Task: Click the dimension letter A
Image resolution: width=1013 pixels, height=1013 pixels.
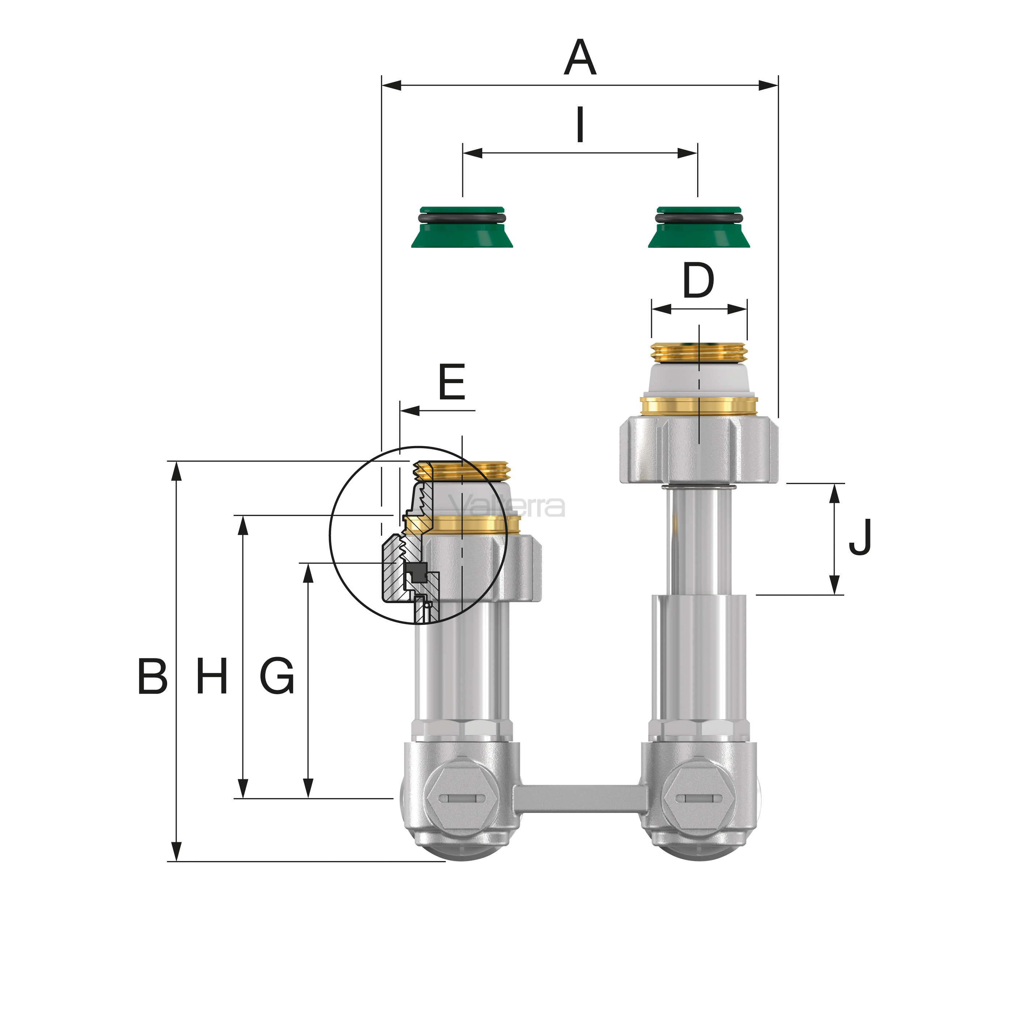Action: coord(580,57)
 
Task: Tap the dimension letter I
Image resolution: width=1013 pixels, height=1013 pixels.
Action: coord(580,124)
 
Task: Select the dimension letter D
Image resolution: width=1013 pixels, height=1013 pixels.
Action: coord(698,280)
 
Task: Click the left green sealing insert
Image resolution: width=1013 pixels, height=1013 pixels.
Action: coord(462,227)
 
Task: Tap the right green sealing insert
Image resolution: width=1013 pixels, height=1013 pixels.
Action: coord(699,227)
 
